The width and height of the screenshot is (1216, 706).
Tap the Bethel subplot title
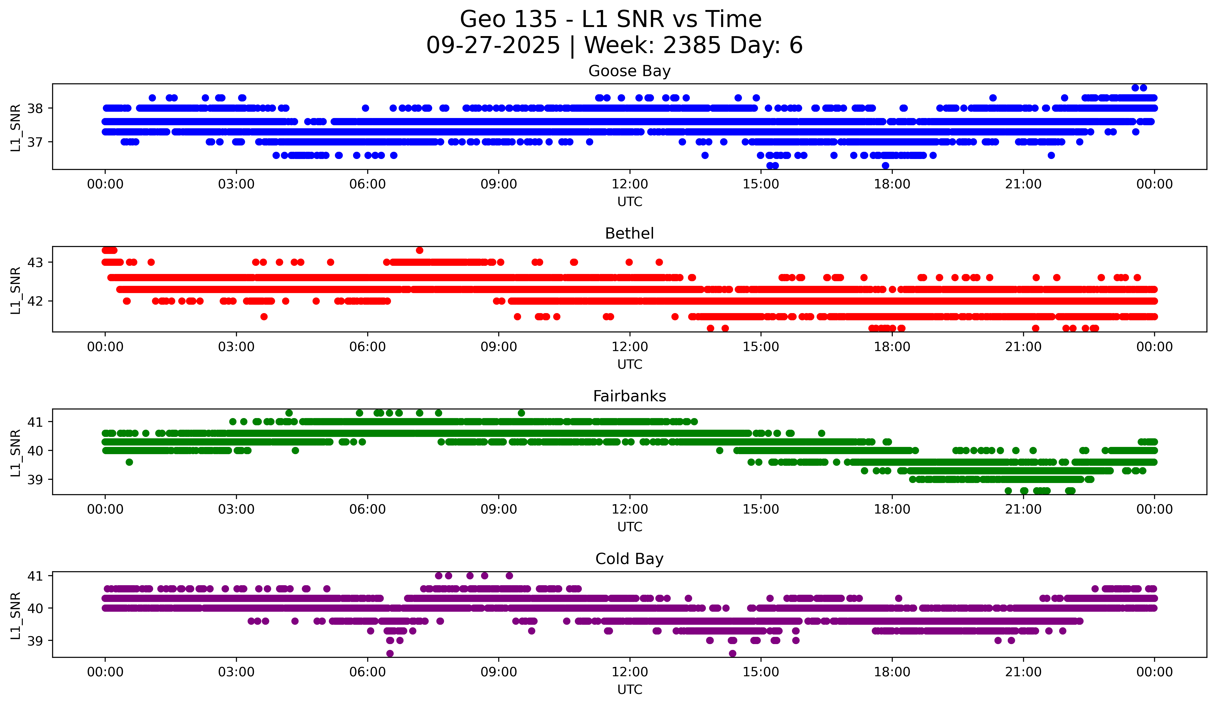click(x=629, y=233)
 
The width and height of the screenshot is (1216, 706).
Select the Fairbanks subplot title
click(x=629, y=396)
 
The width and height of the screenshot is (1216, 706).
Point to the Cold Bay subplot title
click(x=629, y=559)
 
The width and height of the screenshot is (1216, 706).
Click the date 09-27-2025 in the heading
click(x=493, y=45)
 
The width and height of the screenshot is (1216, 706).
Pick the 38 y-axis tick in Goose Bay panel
click(x=35, y=108)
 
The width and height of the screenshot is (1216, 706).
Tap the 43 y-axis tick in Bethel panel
click(x=35, y=263)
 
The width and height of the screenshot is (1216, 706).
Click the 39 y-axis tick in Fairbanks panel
click(x=35, y=480)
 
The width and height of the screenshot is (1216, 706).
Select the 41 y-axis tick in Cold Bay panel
click(x=35, y=576)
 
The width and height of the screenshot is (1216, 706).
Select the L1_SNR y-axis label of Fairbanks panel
click(x=15, y=453)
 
